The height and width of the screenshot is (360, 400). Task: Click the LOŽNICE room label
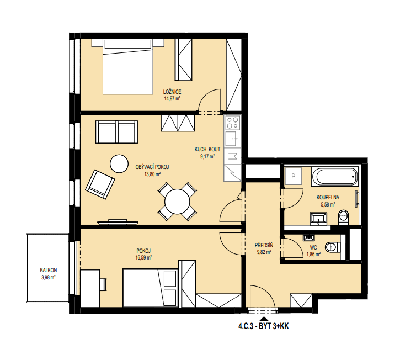(172, 92)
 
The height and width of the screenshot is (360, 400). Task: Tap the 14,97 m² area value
(172, 98)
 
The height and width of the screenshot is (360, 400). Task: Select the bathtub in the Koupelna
(335, 176)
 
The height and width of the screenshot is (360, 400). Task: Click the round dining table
(177, 202)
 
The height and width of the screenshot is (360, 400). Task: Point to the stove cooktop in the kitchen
(233, 123)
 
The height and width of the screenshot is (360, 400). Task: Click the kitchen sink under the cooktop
(233, 139)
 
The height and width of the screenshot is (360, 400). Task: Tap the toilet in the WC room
(333, 247)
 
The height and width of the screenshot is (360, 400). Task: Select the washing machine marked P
(294, 176)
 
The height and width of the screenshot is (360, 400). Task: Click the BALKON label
(49, 270)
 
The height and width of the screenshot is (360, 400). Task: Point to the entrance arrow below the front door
(264, 319)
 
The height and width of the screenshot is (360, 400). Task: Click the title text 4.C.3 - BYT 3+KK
(263, 326)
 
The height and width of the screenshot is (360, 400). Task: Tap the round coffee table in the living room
(119, 163)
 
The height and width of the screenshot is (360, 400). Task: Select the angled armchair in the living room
(100, 184)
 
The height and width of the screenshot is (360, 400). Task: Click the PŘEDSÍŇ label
(264, 245)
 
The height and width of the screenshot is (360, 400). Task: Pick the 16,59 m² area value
(143, 257)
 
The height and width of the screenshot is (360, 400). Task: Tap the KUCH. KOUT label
(207, 149)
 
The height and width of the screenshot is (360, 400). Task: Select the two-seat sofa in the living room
(116, 132)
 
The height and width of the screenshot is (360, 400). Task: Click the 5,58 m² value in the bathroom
(328, 204)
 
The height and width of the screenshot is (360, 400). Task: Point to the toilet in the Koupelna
(343, 218)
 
